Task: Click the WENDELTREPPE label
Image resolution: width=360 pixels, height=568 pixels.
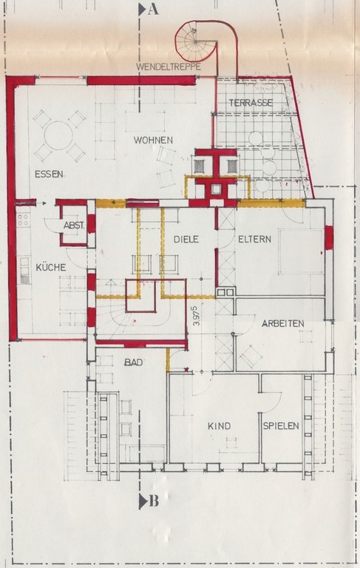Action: point(169,67)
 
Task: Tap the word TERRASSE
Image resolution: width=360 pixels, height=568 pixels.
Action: point(251,103)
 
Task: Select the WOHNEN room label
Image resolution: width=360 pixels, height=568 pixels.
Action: point(153,141)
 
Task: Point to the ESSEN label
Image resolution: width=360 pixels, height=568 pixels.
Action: point(49,174)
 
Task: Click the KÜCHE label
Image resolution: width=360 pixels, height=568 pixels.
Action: point(51,267)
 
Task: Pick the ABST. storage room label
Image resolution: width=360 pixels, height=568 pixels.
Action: point(74,226)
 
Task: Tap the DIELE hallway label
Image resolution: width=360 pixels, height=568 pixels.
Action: point(186,239)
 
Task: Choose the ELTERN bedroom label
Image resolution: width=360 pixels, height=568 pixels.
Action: point(254,239)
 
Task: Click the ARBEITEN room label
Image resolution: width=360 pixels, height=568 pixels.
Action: point(283,323)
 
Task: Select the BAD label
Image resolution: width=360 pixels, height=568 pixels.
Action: point(133,362)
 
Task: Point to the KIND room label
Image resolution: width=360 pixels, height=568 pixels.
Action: point(219,426)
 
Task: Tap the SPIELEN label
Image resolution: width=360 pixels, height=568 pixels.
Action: point(281,426)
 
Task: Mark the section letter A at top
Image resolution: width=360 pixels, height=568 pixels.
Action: point(153,10)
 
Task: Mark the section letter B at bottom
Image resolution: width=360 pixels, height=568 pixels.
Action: point(154,501)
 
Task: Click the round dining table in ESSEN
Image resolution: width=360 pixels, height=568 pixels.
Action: point(58,135)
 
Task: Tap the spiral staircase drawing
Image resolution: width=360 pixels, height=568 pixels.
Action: point(197,41)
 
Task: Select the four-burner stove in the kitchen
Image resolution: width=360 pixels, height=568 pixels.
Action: point(23,220)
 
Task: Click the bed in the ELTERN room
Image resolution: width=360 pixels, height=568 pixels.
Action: point(301,251)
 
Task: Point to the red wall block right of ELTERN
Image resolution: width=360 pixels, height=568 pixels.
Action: point(329,237)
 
